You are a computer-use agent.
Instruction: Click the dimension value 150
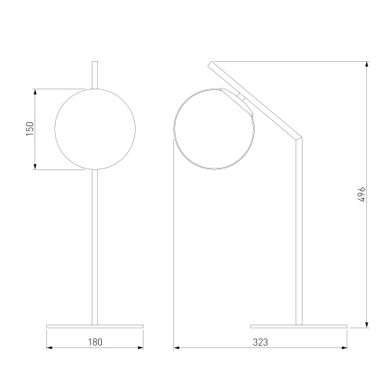click(30, 129)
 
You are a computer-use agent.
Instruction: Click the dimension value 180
click(95, 342)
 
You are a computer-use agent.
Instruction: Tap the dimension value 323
click(260, 342)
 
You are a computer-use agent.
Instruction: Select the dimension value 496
click(361, 194)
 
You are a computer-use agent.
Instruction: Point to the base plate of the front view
click(95, 326)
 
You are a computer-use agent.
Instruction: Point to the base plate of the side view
click(299, 326)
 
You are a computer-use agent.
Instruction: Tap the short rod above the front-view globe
click(95, 75)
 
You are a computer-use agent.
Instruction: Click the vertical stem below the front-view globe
click(95, 247)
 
